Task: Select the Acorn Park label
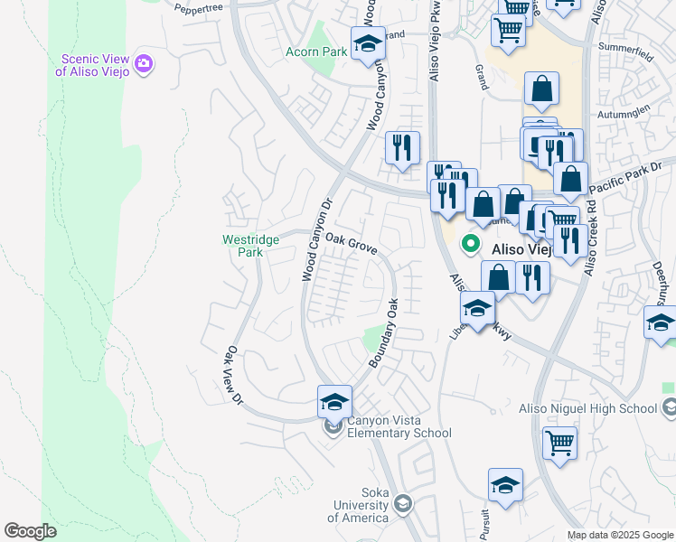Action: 317,52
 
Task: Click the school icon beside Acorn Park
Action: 368,44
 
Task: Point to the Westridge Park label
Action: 243,246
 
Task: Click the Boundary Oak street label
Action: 383,333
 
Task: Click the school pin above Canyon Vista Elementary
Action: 333,400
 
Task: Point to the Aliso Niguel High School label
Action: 587,408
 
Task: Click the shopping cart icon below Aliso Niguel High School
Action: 560,444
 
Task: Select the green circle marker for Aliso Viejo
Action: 471,242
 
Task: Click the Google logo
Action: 30,531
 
